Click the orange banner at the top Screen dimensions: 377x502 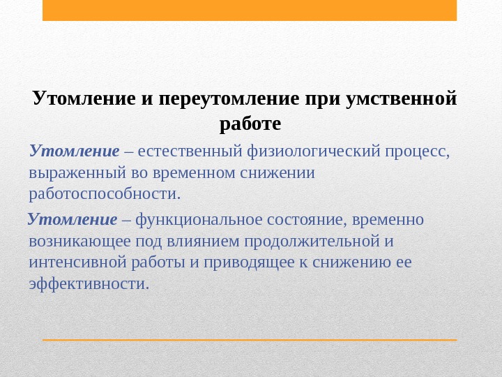coord(250,10)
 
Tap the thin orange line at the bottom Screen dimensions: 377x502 coord(250,340)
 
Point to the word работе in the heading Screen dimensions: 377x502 coord(250,124)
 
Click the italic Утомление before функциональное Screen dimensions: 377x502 coord(73,221)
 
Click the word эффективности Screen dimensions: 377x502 coord(89,283)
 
